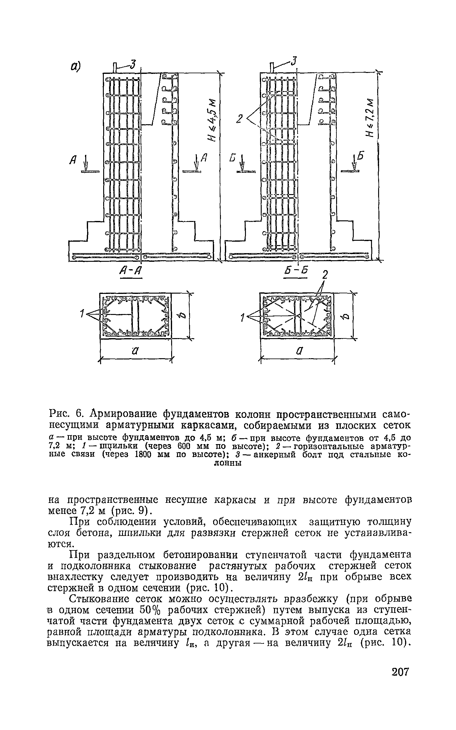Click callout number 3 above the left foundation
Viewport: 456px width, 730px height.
tap(133, 65)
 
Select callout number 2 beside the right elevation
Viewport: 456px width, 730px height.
tap(239, 119)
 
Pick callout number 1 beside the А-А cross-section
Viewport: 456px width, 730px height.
tap(82, 314)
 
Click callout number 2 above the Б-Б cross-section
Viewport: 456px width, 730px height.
tap(324, 274)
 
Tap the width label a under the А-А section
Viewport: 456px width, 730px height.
tap(135, 351)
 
